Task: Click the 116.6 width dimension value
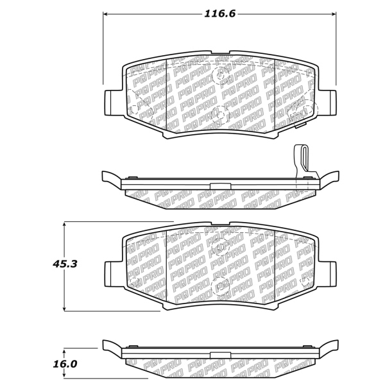tap(220, 13)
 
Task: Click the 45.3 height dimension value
tap(65, 264)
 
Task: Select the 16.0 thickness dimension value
tap(65, 364)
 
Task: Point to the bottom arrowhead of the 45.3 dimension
tap(64, 309)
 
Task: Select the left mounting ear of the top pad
tap(114, 103)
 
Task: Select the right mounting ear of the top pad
tap(327, 103)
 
